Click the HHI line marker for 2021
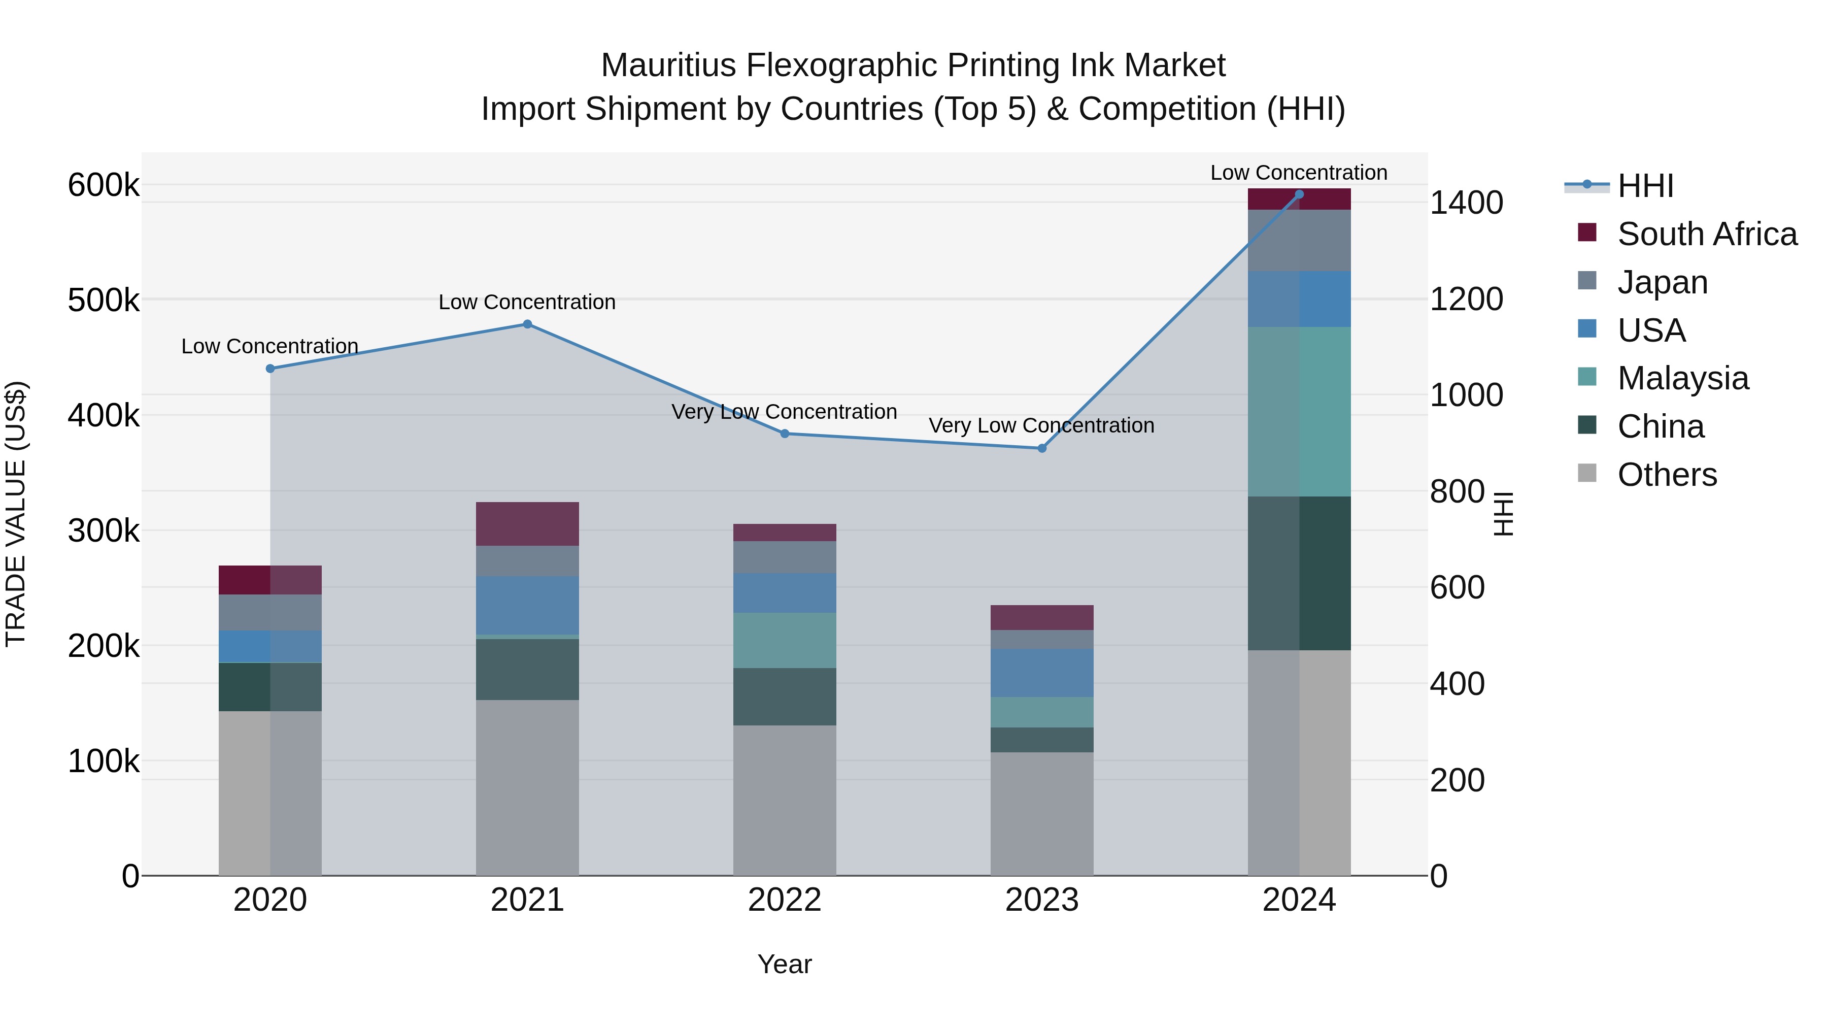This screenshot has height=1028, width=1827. (527, 324)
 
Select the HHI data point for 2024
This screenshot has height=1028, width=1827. (1299, 194)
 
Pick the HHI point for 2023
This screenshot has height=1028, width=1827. (1042, 448)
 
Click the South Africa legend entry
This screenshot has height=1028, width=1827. (1706, 234)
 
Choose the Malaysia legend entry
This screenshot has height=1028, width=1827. (1682, 378)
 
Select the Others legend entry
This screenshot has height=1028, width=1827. (1667, 475)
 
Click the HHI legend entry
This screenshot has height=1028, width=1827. (1645, 186)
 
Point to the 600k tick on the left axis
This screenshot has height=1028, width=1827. (104, 185)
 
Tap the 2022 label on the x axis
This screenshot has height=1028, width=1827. (785, 900)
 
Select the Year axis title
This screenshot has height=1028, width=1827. (785, 964)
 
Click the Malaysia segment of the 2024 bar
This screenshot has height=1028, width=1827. (1299, 412)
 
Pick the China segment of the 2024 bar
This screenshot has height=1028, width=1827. (1299, 573)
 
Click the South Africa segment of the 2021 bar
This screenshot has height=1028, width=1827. (527, 523)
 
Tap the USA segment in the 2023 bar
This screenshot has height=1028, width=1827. (1042, 673)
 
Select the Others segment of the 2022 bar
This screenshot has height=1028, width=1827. (785, 800)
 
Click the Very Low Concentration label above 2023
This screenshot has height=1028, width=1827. (1041, 426)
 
